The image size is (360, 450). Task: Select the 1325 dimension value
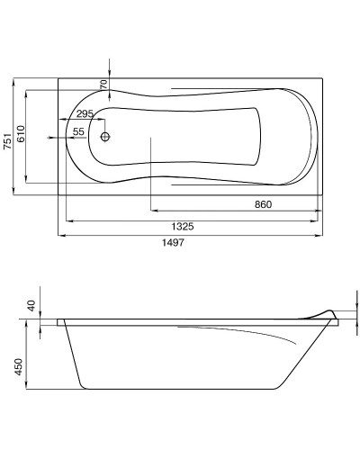(x=186, y=225)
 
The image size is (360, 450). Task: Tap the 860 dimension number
(x=262, y=204)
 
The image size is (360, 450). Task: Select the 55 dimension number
(x=78, y=132)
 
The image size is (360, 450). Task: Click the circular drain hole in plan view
(x=105, y=138)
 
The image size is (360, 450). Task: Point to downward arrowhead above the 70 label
(x=110, y=74)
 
